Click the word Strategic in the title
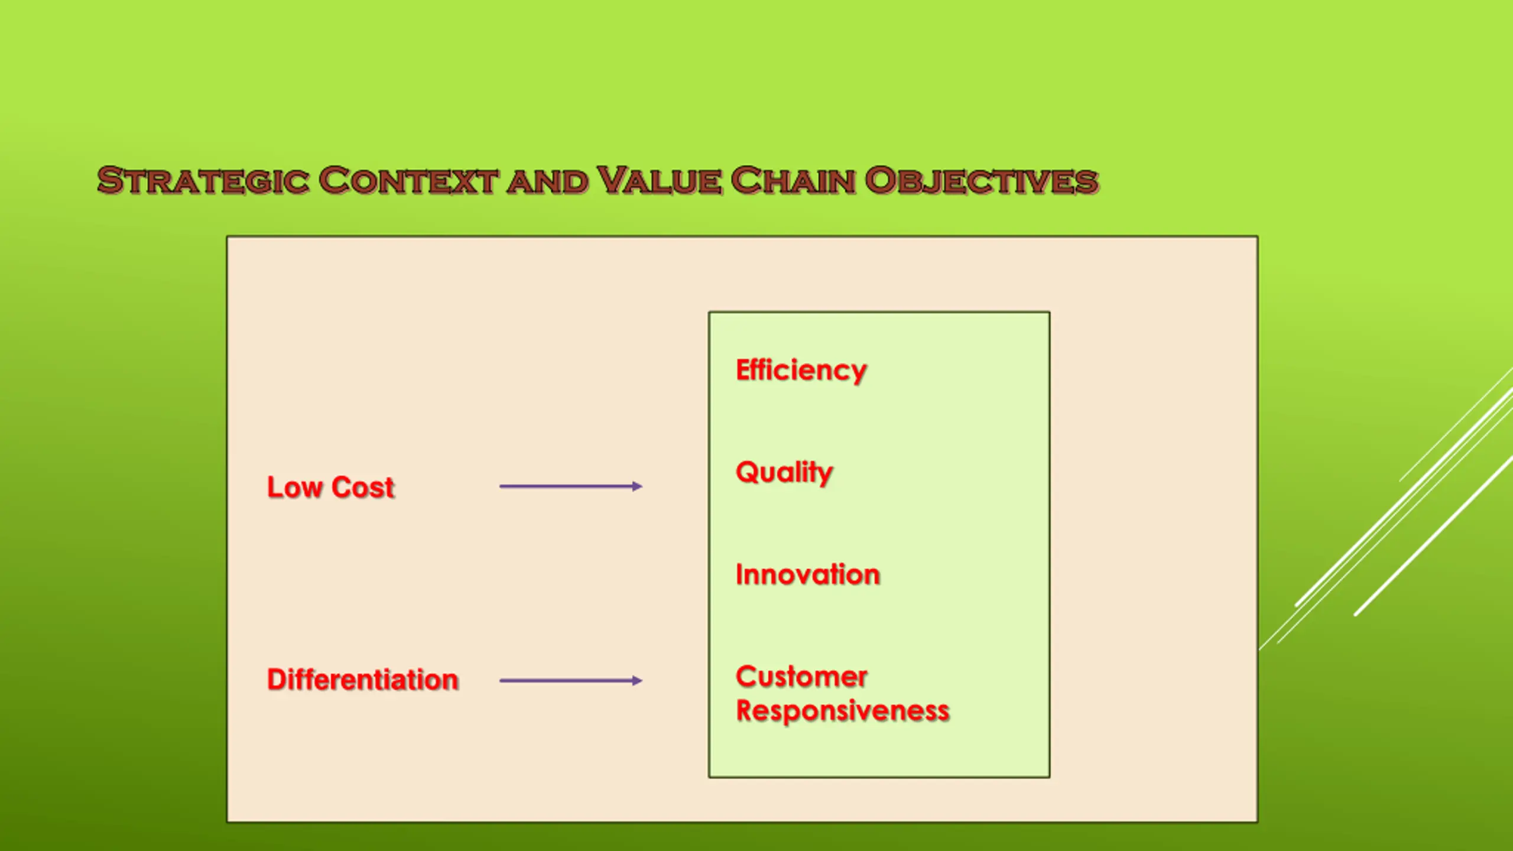click(203, 181)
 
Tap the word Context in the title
click(408, 181)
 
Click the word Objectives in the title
click(981, 181)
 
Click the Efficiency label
click(801, 371)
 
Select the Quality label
click(784, 473)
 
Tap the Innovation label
click(807, 574)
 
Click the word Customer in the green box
click(801, 677)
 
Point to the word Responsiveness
click(842, 711)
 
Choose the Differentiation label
click(362, 680)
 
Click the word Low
click(294, 488)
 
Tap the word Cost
click(362, 488)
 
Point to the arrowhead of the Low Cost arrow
click(637, 486)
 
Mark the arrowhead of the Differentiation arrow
click(637, 681)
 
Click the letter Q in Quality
click(747, 472)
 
